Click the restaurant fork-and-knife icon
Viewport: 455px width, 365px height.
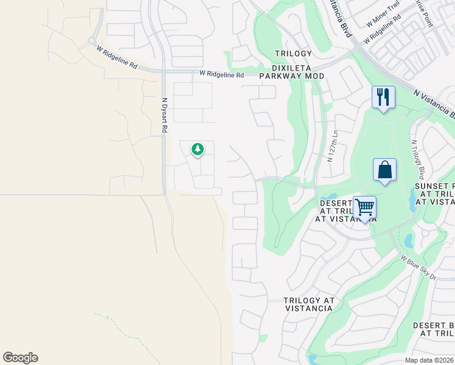coord(383,97)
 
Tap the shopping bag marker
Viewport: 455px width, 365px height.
coord(384,170)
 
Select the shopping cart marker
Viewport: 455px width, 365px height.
coord(364,207)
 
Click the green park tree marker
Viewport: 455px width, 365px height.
coord(197,149)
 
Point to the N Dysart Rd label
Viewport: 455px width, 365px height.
coord(164,116)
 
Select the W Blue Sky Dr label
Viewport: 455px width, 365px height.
coord(419,268)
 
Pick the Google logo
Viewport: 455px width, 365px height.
coord(20,358)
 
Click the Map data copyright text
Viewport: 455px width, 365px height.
coord(429,360)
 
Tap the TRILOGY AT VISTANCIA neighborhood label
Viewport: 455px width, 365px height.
coord(308,304)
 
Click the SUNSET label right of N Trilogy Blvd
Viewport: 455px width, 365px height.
coord(434,186)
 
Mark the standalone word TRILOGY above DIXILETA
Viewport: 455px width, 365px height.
coord(293,54)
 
